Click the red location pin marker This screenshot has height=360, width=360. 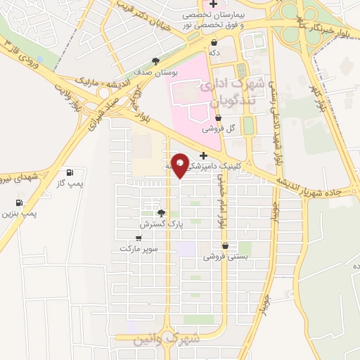(180, 165)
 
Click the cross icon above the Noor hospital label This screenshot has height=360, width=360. (224, 5)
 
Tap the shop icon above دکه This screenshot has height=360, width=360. (214, 42)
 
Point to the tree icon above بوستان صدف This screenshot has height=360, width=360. (155, 62)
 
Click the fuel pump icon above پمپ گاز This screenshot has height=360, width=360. (70, 173)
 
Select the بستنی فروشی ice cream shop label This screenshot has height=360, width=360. (224, 257)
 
